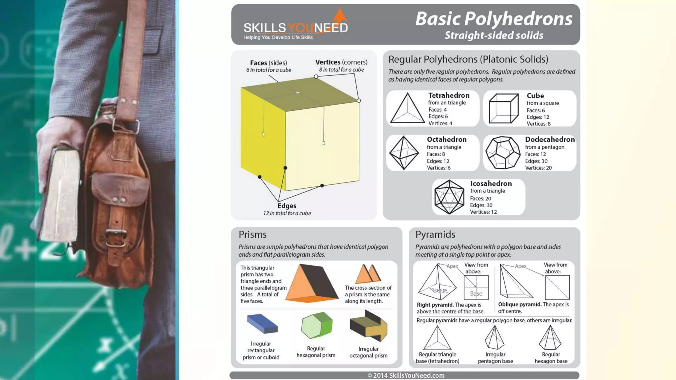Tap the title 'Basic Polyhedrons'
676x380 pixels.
click(x=493, y=18)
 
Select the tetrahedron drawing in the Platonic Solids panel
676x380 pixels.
click(x=407, y=109)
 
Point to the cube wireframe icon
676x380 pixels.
click(x=503, y=109)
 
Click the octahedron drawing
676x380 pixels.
click(x=404, y=153)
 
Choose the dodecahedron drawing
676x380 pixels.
click(x=503, y=153)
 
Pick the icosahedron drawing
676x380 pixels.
click(x=449, y=197)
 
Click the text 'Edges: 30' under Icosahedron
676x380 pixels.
click(x=481, y=205)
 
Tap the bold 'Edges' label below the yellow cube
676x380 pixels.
click(x=287, y=206)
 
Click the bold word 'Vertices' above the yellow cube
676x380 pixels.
click(x=327, y=62)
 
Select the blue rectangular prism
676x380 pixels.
click(x=262, y=324)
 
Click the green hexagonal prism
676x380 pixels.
click(x=317, y=326)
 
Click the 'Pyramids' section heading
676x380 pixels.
click(x=435, y=235)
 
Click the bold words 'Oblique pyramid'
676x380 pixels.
click(x=520, y=304)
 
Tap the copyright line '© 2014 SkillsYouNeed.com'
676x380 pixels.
click(x=406, y=375)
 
